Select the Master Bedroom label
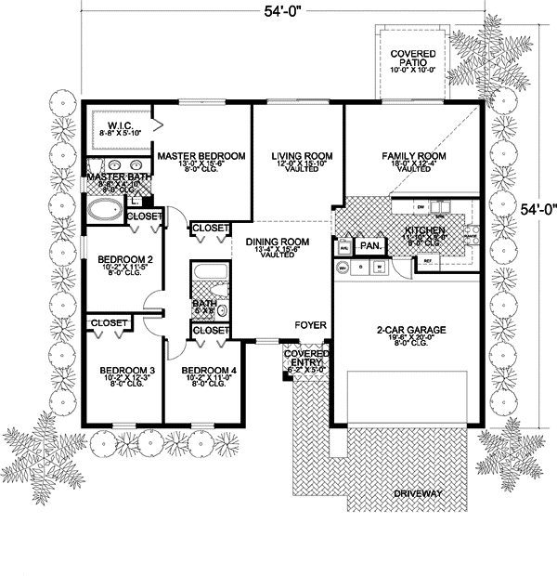[x=201, y=155]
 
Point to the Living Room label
[x=295, y=155]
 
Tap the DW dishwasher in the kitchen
[x=421, y=206]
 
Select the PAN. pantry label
[x=369, y=246]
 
